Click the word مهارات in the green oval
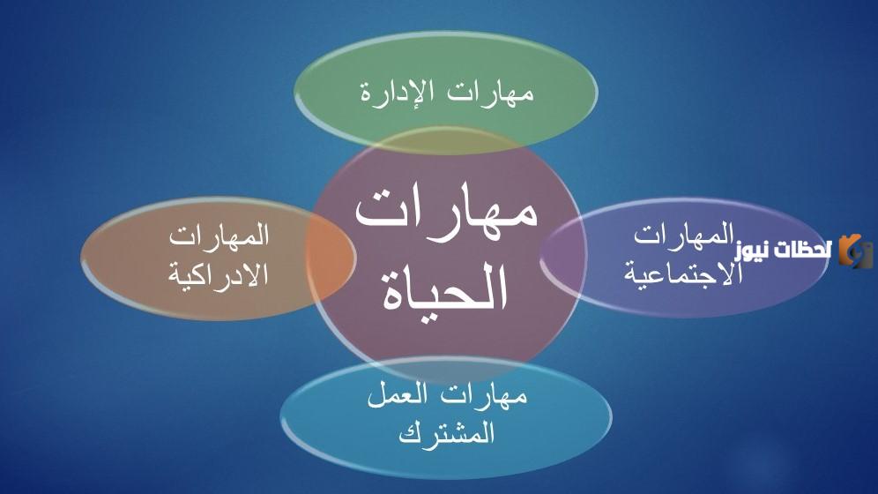click(x=490, y=92)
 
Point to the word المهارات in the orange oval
click(x=219, y=236)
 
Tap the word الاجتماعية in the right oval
click(x=683, y=273)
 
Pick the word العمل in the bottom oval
click(x=398, y=395)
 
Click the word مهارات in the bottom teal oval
click(x=484, y=395)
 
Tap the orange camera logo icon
click(x=855, y=251)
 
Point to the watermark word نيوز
click(x=753, y=251)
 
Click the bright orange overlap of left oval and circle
click(x=331, y=258)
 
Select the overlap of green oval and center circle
click(x=446, y=140)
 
